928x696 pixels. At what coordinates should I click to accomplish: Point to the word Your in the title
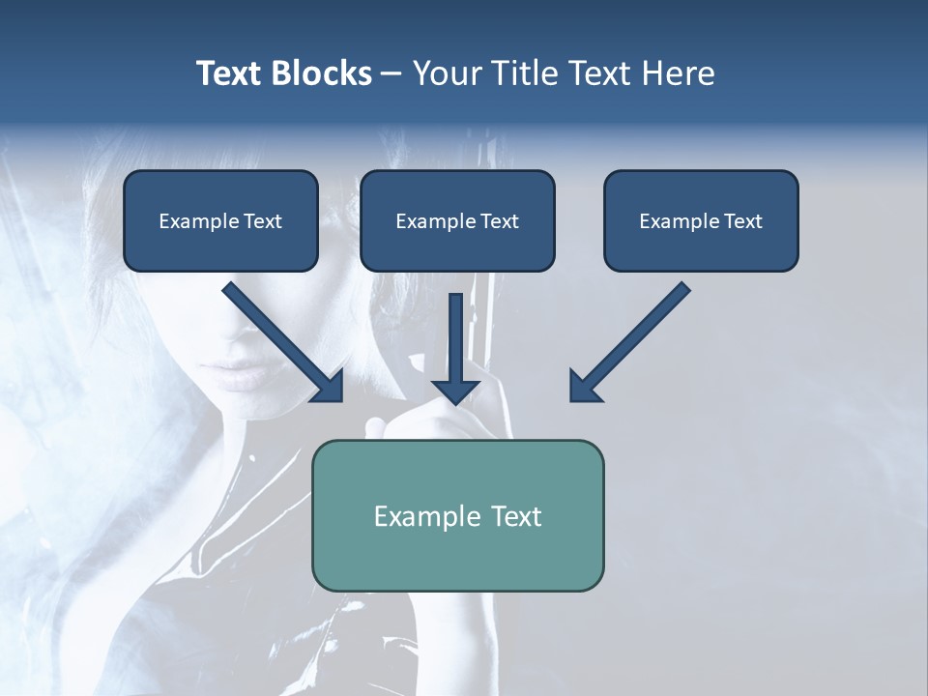(x=445, y=73)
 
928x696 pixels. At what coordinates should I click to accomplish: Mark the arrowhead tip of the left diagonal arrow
(x=341, y=399)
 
